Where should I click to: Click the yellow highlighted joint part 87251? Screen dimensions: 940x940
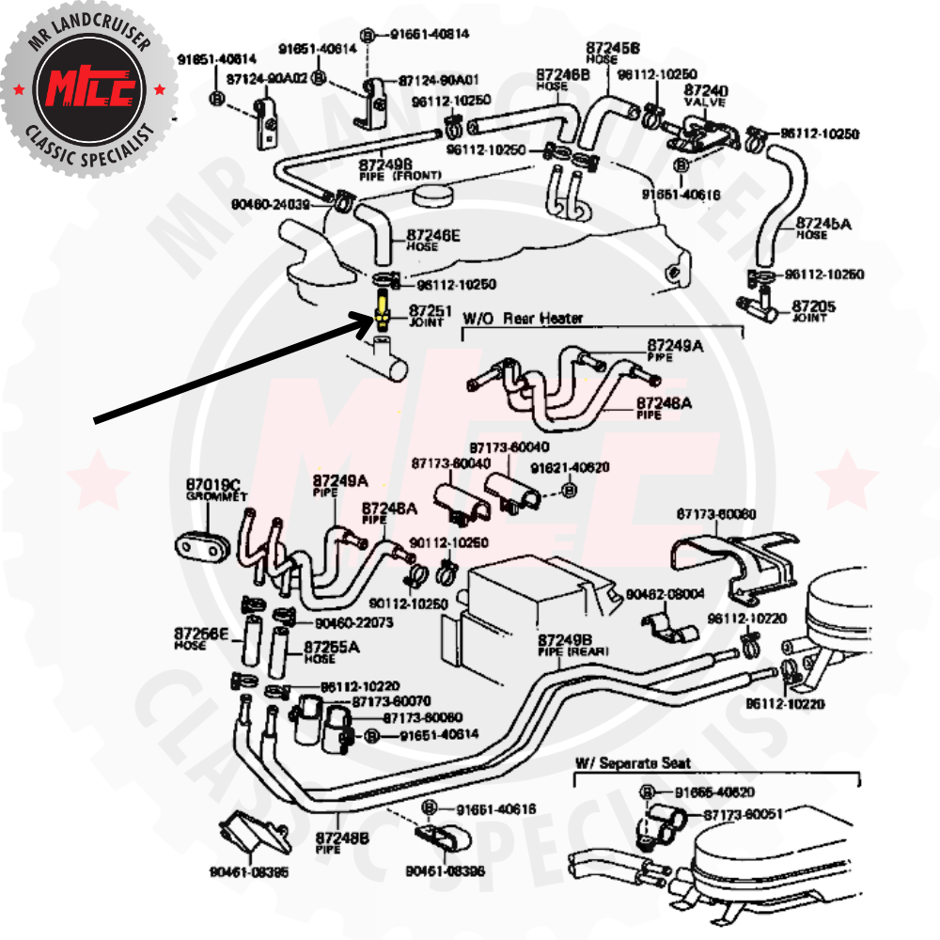point(383,310)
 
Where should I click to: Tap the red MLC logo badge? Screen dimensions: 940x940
point(88,89)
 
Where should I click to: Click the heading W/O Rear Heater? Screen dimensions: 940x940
point(522,319)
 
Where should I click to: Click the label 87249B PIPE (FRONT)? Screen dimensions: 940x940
point(393,169)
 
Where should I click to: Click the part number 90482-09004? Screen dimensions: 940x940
point(665,594)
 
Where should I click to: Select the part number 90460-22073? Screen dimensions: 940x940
point(353,622)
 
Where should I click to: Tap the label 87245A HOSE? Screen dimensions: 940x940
point(822,227)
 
